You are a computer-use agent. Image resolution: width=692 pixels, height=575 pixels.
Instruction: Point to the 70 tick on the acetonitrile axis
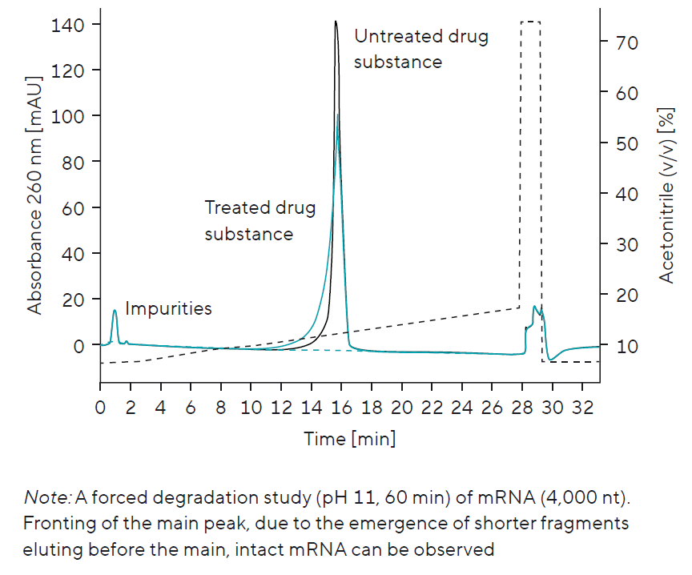point(627,42)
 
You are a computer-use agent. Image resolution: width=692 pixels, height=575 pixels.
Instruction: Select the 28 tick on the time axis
point(521,407)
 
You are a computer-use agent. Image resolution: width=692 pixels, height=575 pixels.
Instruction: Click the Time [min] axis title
point(349,439)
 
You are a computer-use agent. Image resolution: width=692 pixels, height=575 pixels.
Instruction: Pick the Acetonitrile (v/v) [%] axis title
point(666,196)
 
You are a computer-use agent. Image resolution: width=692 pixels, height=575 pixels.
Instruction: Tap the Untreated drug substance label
point(420,49)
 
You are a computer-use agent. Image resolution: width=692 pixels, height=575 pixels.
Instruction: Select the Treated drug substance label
point(259,221)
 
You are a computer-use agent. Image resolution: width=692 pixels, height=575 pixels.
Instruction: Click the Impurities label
point(168,308)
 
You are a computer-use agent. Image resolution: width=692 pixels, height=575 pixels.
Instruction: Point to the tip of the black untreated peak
point(336,22)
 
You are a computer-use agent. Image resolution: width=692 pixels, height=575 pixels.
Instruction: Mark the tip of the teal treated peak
point(338,115)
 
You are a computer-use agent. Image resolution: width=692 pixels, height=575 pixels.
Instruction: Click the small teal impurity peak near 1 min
point(115,311)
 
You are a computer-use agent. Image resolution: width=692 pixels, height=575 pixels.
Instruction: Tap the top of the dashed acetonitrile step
point(530,22)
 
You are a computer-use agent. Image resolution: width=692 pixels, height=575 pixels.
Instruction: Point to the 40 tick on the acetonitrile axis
point(627,195)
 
